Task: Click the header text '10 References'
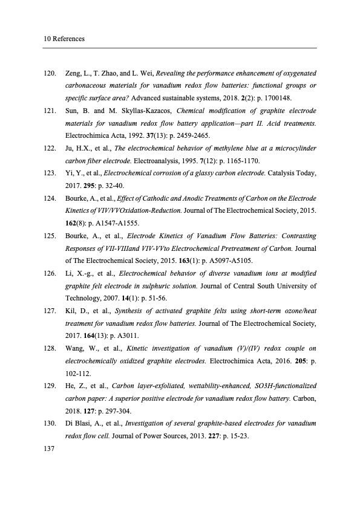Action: pos(64,39)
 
